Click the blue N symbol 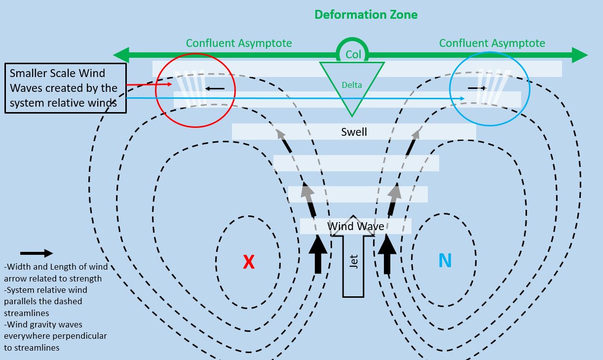[445, 260]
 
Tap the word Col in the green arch [353, 54]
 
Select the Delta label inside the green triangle [352, 85]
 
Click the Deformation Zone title [366, 14]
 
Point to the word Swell [354, 132]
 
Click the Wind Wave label [356, 227]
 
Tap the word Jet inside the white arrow [353, 261]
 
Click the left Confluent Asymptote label [239, 43]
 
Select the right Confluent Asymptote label [492, 43]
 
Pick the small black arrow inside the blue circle [477, 88]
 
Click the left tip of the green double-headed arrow [115, 55]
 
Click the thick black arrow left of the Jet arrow [318, 254]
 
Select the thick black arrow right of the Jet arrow [387, 254]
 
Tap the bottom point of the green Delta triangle [352, 116]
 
